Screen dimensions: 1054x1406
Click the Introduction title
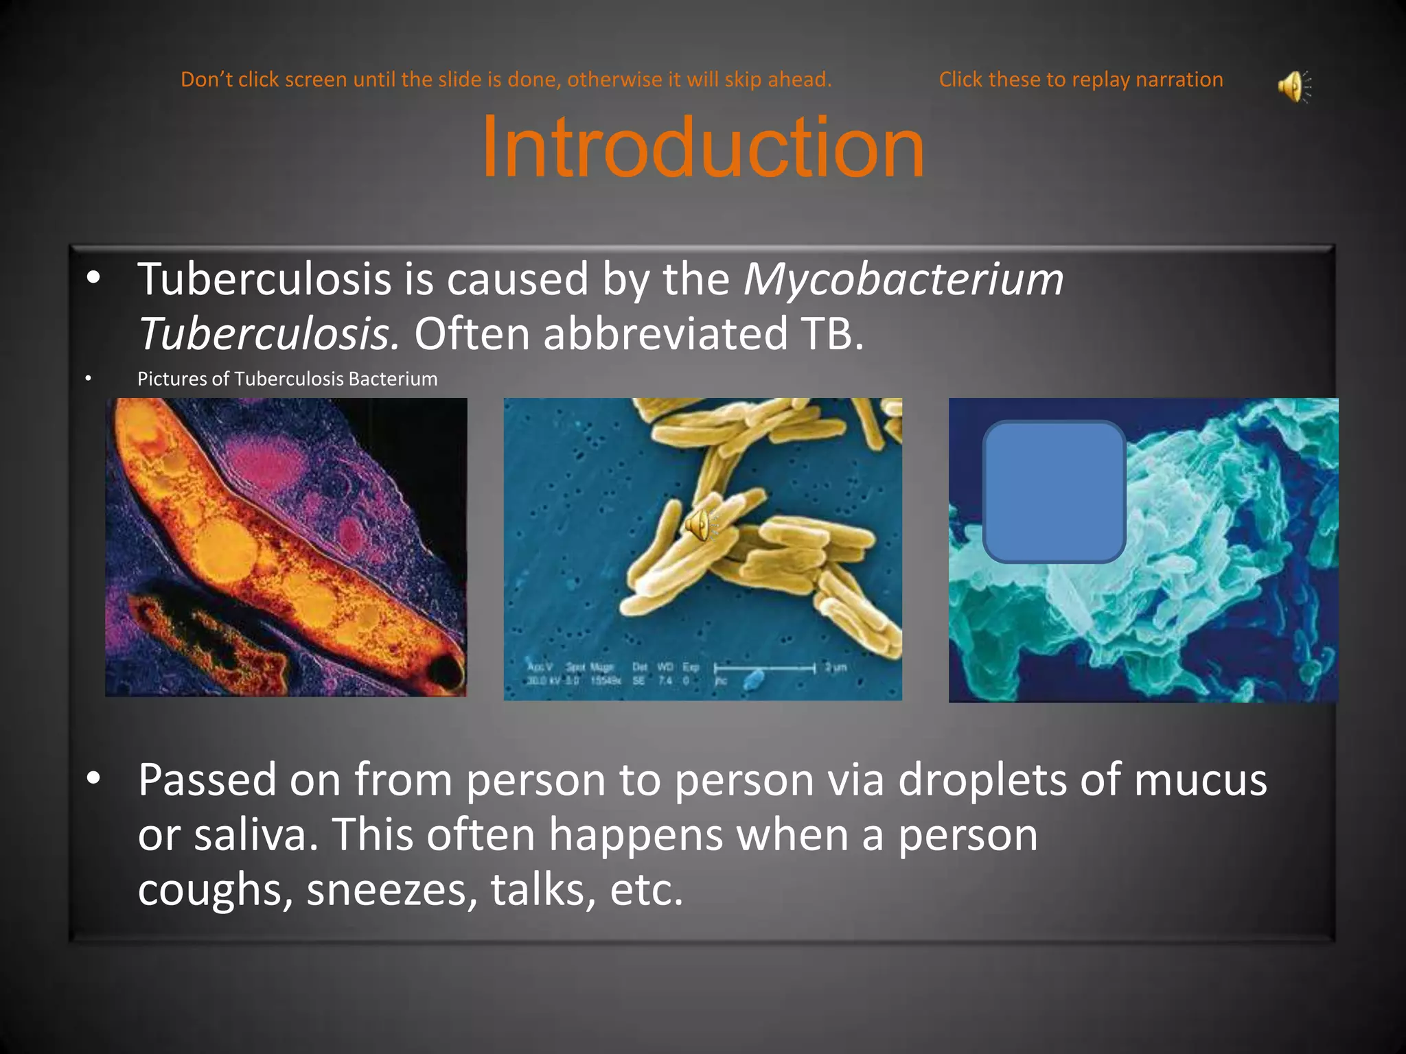click(x=703, y=147)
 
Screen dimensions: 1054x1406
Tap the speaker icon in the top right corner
click(x=1293, y=86)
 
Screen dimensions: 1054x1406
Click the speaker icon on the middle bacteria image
click(x=700, y=525)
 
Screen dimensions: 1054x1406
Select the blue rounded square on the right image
click(x=1054, y=492)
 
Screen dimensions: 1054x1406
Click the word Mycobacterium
click(x=903, y=279)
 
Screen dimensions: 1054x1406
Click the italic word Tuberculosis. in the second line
click(x=268, y=334)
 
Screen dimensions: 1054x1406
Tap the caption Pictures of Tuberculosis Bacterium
click(x=287, y=379)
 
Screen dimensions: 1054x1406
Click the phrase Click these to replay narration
click(x=1081, y=80)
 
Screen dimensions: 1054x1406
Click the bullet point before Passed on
click(x=93, y=778)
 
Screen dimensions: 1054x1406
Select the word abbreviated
click(x=665, y=334)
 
